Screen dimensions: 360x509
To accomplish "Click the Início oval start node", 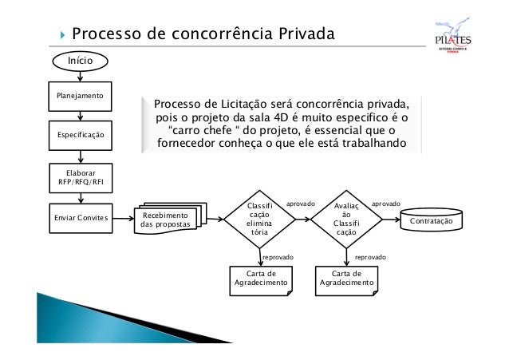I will [x=80, y=60].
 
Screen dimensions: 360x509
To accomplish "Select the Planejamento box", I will [x=80, y=96].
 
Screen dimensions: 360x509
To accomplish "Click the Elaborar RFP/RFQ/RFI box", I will [x=80, y=176].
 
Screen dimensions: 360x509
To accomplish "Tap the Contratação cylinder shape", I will [x=431, y=220].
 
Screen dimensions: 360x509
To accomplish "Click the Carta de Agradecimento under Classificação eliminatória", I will [x=261, y=279].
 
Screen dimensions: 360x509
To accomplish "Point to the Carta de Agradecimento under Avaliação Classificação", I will [x=346, y=279].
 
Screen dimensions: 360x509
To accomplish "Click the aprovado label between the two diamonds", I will [x=300, y=204].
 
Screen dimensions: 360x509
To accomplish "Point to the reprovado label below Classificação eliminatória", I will [x=278, y=258].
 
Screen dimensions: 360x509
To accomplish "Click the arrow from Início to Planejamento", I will [x=80, y=76].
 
